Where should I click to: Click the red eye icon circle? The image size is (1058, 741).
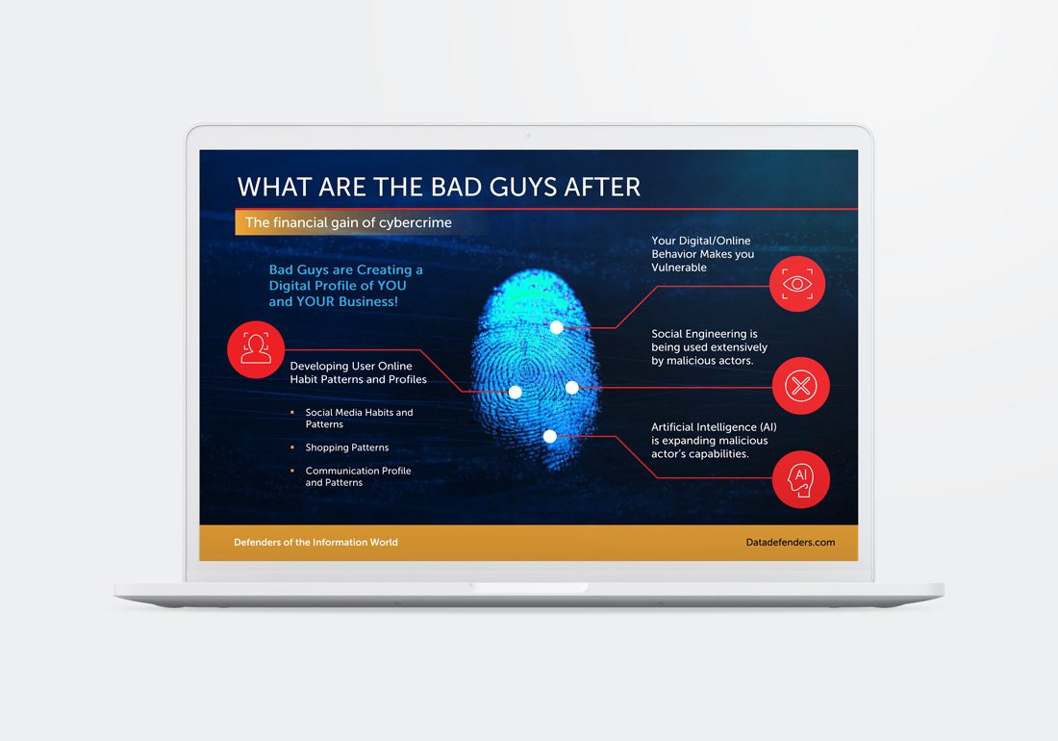pos(797,284)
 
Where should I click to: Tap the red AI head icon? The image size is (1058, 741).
pos(801,479)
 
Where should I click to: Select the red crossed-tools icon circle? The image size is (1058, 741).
pos(801,386)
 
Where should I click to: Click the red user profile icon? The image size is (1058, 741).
pos(256,349)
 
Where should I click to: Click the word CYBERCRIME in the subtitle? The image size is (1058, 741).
pos(415,222)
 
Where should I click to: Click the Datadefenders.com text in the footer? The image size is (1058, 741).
pos(790,543)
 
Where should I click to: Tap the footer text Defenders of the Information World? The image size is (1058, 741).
pos(315,543)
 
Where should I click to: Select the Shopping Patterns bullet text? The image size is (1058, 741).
pos(347,447)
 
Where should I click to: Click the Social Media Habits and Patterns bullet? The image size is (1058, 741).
pos(359,418)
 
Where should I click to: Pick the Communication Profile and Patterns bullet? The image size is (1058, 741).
pos(358,476)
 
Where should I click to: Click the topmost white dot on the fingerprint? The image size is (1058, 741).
pos(556,327)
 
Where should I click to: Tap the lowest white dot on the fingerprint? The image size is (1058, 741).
pos(550,436)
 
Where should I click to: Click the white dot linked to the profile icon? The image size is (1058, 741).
pos(516,392)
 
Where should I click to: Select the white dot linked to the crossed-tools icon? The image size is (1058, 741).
pos(571,387)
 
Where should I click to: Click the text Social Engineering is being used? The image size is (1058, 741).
pos(709,347)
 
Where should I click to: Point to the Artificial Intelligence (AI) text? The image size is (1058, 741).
pos(713,427)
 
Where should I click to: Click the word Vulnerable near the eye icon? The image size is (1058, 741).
pos(679,268)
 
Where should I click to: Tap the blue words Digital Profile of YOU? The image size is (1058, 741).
pos(338,286)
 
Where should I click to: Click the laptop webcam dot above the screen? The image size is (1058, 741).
pos(528,136)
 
